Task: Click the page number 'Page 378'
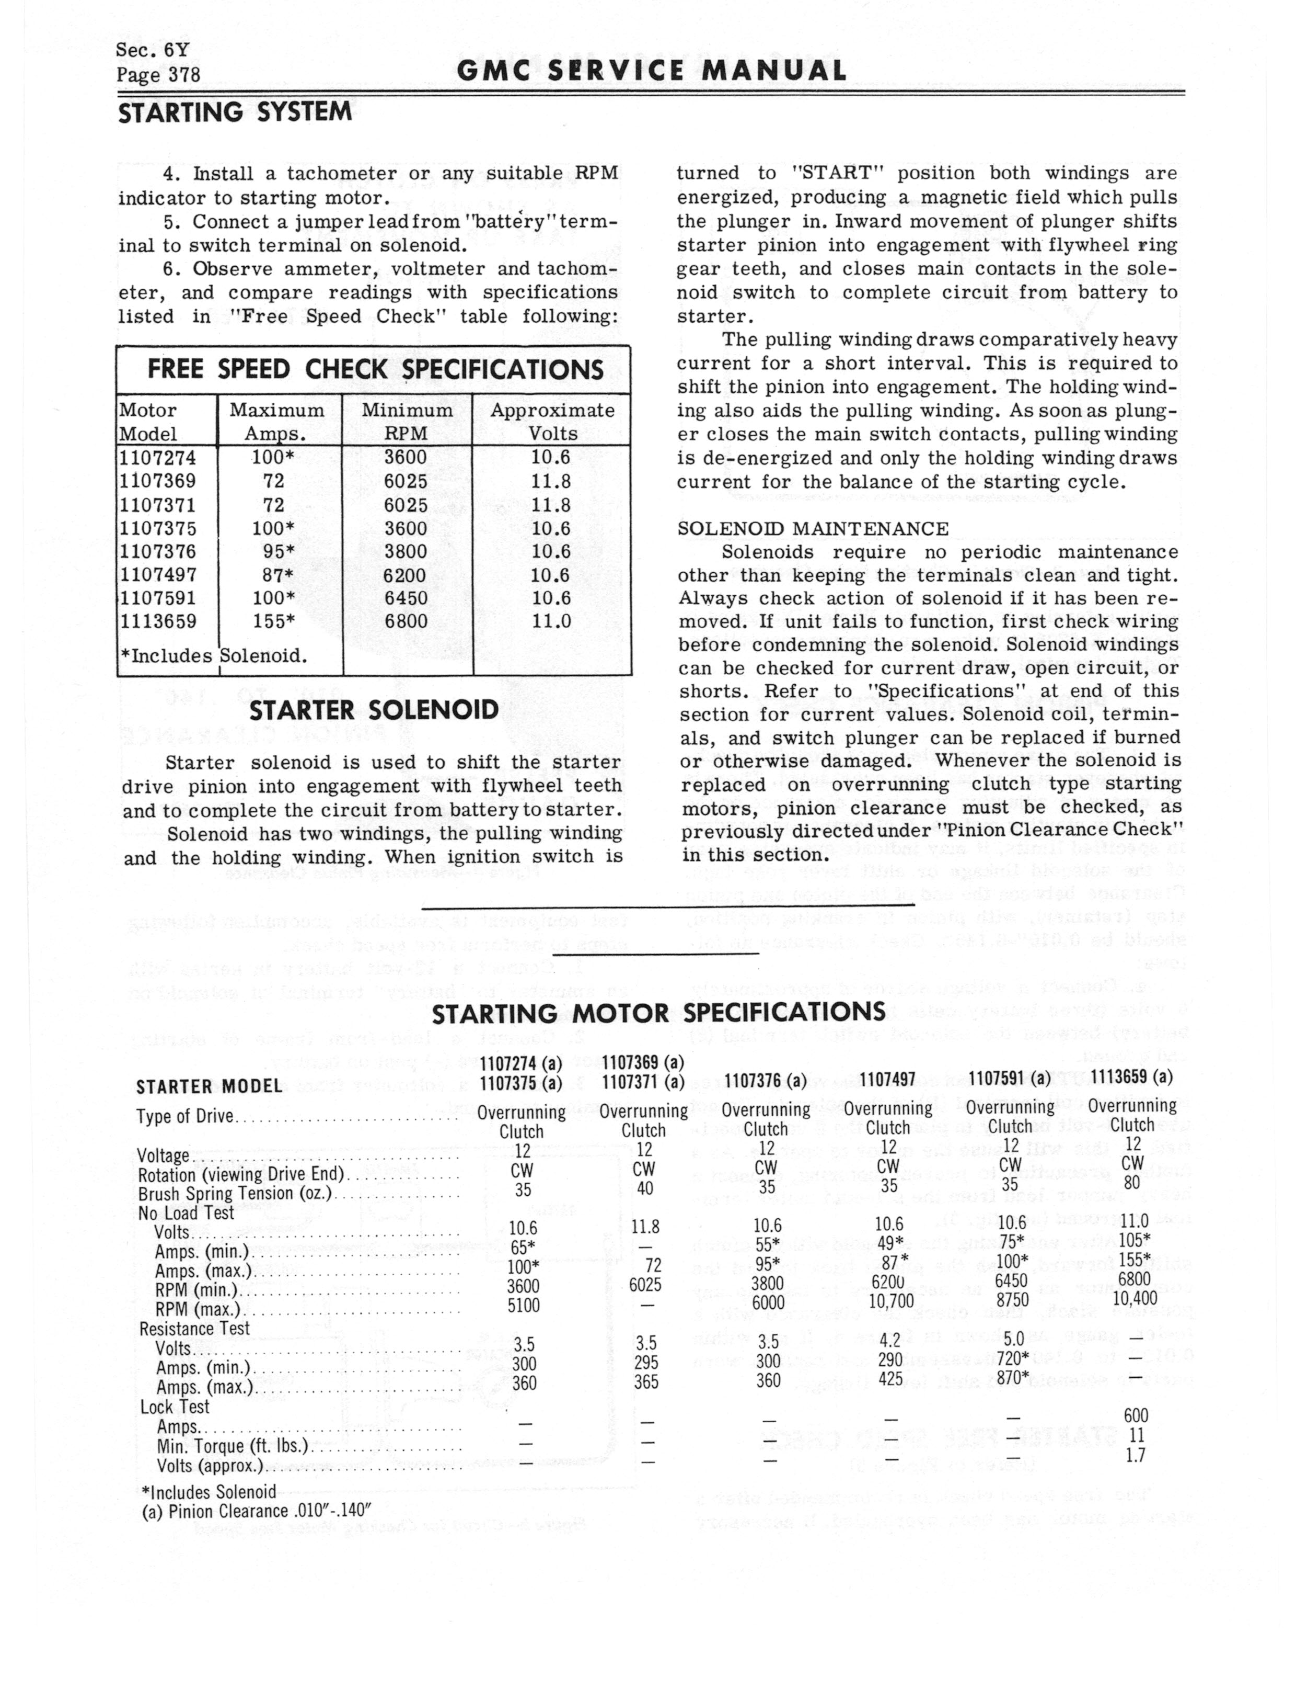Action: tap(158, 75)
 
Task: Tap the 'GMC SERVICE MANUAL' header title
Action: tap(651, 72)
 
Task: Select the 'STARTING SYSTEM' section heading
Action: tap(235, 112)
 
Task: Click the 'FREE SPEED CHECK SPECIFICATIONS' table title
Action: tap(375, 370)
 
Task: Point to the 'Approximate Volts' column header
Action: tap(552, 422)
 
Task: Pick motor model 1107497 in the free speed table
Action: tap(158, 575)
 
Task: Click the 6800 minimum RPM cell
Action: tap(405, 622)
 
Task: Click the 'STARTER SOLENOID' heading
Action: tap(373, 711)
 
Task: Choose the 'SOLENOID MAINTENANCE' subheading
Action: tap(812, 529)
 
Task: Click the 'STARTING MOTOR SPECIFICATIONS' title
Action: tap(658, 1013)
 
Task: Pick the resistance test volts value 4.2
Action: tap(889, 1342)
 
